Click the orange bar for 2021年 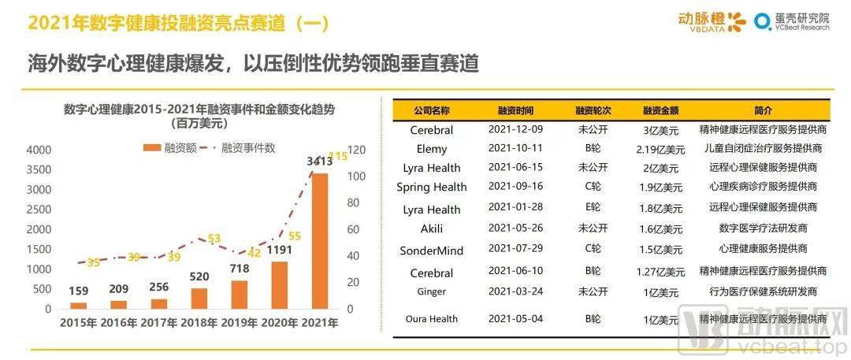tap(320, 241)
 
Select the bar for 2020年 tap(280, 284)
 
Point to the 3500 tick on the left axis tap(39, 169)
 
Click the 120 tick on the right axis tap(358, 150)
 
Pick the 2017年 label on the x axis tap(158, 323)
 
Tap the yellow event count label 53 tap(214, 239)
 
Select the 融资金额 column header tap(660, 111)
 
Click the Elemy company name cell tap(432, 149)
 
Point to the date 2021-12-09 tap(515, 129)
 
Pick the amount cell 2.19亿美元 tap(660, 149)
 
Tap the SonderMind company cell tap(432, 251)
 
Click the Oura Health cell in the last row tap(432, 319)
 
